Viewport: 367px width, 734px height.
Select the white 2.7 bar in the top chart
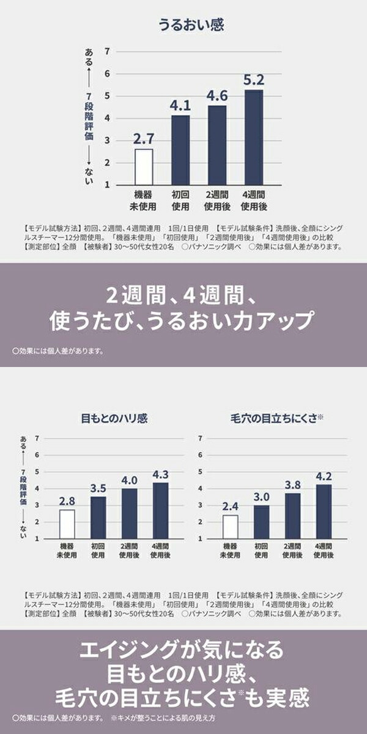[x=144, y=166]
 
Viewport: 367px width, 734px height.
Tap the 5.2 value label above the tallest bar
[x=254, y=80]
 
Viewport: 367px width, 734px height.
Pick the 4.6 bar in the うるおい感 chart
[x=217, y=145]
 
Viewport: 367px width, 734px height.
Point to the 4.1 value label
[x=180, y=105]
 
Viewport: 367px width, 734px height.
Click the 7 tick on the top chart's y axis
[x=108, y=51]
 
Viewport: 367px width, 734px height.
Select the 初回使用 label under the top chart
[x=180, y=200]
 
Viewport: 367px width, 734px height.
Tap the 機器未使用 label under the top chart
[x=144, y=200]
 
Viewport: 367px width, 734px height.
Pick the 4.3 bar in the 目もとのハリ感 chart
[x=161, y=511]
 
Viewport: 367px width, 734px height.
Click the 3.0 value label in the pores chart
[x=261, y=497]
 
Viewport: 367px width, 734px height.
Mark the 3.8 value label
[x=292, y=484]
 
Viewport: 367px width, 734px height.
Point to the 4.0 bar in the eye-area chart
[x=130, y=514]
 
